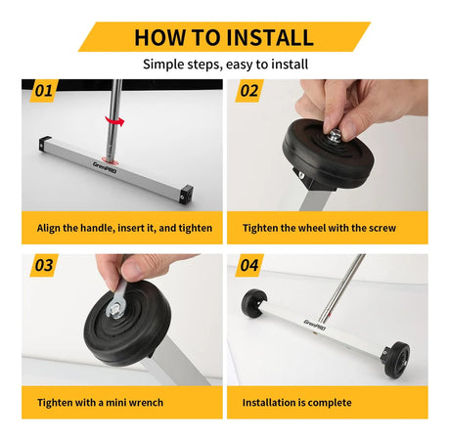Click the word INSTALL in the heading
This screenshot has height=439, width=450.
tap(270, 37)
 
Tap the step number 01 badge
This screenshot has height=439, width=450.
tap(44, 91)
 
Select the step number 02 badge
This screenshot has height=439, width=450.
tap(249, 91)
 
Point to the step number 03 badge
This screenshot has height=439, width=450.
tap(44, 265)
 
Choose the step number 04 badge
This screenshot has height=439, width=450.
tap(249, 265)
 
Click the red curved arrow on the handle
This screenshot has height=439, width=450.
tap(114, 121)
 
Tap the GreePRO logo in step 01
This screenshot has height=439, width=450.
tap(105, 167)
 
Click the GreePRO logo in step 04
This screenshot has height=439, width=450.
tap(315, 325)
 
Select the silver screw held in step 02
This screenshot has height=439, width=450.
tap(335, 135)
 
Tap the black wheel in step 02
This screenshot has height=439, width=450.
tap(328, 154)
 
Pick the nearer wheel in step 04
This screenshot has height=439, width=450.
tap(397, 360)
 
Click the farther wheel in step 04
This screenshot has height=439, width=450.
tap(254, 302)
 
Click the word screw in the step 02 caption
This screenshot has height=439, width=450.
tap(381, 228)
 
